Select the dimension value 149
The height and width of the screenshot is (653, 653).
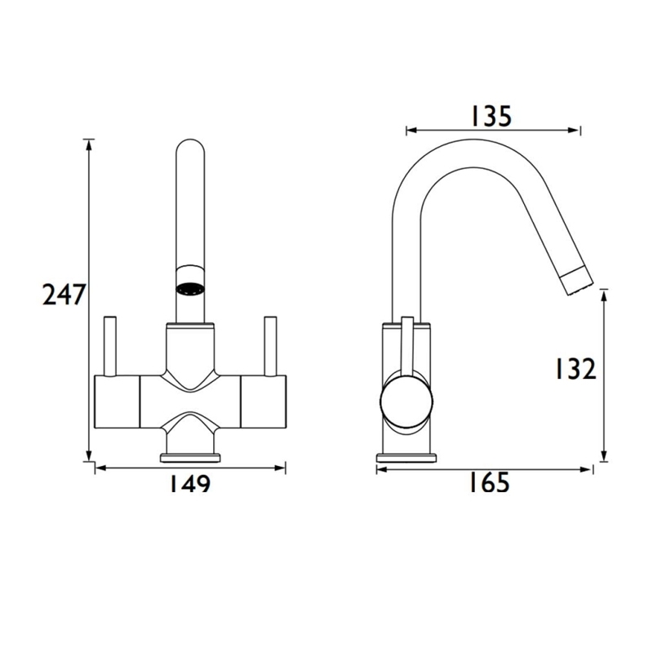[x=189, y=484]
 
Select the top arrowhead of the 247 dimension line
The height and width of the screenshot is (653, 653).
[x=87, y=144]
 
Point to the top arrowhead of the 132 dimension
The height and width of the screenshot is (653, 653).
[x=603, y=292]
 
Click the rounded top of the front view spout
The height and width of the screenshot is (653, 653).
[x=191, y=151]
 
